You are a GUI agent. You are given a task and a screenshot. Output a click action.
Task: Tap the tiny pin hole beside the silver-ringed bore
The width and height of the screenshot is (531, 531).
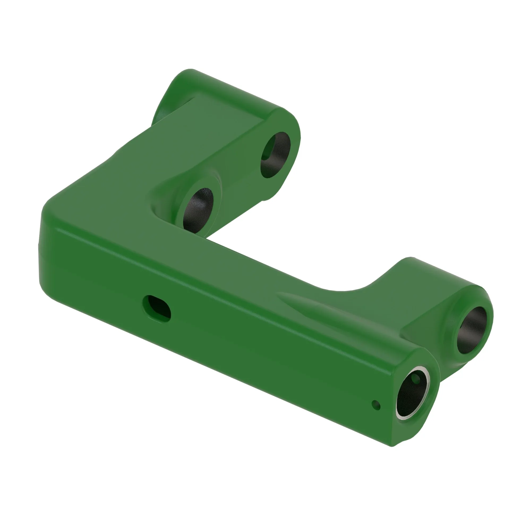pyautogui.click(x=376, y=405)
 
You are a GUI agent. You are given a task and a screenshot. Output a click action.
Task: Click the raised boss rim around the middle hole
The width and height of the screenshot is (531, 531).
pyautogui.click(x=217, y=192)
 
